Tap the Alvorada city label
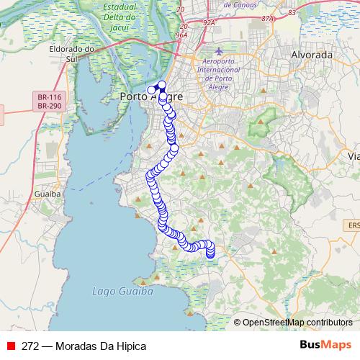[x=311, y=55]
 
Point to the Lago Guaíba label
[x=123, y=292]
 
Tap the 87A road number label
[x=269, y=18]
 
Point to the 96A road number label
[x=181, y=34]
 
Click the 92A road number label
[x=210, y=22]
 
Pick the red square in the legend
[x=11, y=346]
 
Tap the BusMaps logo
[x=325, y=346]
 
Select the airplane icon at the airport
[x=220, y=52]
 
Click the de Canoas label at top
[x=248, y=3]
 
